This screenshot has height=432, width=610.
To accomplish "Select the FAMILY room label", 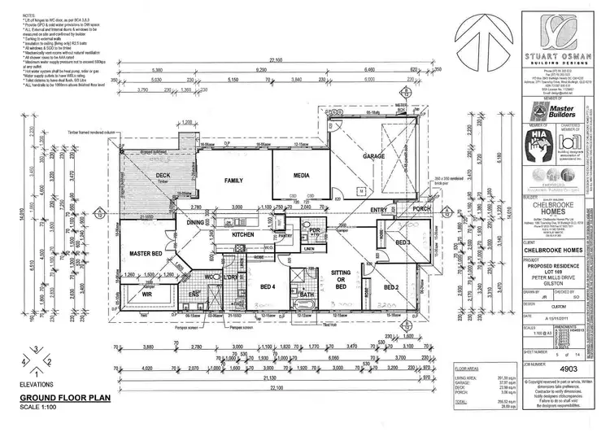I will click(234, 181).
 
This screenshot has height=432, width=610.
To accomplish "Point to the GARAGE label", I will click(373, 155).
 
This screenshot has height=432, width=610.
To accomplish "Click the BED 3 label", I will click(403, 243).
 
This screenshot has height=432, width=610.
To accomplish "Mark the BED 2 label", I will click(390, 286).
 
